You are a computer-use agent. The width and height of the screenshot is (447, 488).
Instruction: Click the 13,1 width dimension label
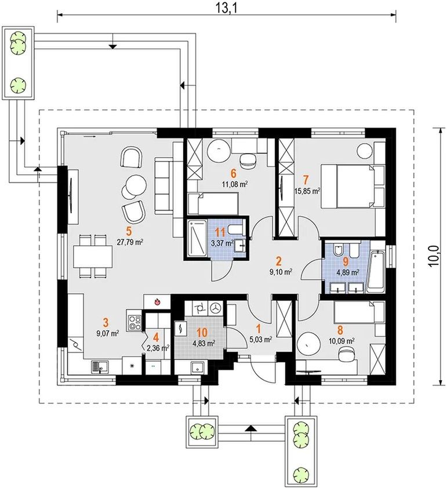226,8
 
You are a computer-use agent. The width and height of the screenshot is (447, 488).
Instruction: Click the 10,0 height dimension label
433,256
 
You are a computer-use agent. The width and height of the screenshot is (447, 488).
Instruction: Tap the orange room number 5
129,231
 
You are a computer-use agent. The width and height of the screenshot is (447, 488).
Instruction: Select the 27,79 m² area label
130,242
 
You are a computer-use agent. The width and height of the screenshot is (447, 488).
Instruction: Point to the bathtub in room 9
376,272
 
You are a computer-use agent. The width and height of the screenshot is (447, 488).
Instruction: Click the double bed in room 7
352,186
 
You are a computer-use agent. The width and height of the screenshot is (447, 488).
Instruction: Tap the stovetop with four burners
135,320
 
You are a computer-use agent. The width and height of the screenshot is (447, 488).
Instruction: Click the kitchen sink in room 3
100,367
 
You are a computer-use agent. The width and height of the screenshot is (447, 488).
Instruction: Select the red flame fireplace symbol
158,301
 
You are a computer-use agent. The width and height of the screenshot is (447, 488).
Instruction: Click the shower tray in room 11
197,238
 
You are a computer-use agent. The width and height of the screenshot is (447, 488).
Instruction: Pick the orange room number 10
202,333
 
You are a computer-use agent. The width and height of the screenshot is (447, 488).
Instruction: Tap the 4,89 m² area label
348,272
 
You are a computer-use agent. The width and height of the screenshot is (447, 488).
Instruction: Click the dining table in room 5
93,256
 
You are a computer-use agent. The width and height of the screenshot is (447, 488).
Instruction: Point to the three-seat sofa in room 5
163,186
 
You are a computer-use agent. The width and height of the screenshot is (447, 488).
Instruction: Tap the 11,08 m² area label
235,184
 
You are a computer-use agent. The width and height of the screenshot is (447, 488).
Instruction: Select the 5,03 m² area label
261,340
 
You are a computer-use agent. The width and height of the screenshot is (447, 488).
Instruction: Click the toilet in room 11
235,229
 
